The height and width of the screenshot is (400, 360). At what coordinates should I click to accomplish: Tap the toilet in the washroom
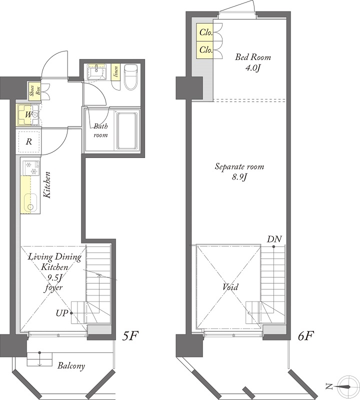tap(130, 77)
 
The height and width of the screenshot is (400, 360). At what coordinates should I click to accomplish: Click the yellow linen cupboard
tap(115, 72)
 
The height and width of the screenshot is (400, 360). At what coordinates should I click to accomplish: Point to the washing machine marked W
tap(28, 115)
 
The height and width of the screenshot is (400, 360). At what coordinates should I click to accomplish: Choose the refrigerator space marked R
tap(28, 141)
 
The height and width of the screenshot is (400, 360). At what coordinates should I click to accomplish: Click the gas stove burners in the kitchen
tap(31, 168)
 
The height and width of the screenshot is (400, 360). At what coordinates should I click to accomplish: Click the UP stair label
tap(62, 313)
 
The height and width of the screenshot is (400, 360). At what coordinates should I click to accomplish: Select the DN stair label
tap(274, 239)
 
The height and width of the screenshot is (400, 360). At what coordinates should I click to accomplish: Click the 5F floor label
tap(130, 336)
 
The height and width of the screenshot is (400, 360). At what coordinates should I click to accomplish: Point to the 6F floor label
tap(305, 336)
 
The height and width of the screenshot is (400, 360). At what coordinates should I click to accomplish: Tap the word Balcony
tap(71, 366)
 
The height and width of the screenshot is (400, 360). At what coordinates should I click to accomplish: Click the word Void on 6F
tap(230, 286)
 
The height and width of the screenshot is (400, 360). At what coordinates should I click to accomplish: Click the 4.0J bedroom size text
tap(252, 68)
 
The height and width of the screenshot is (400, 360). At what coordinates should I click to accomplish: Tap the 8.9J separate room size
tap(239, 177)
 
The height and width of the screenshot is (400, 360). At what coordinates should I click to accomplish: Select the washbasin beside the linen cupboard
tap(96, 71)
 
